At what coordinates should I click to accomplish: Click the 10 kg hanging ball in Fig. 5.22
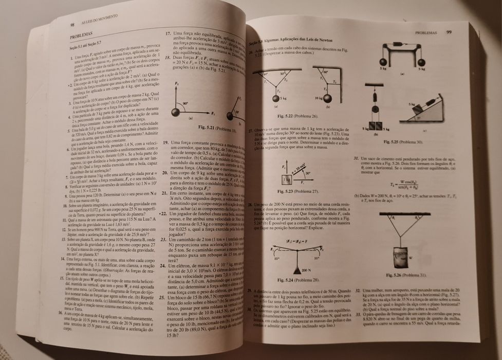click(x=328, y=98)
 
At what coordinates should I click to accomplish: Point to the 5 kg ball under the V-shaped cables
click(x=276, y=98)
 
